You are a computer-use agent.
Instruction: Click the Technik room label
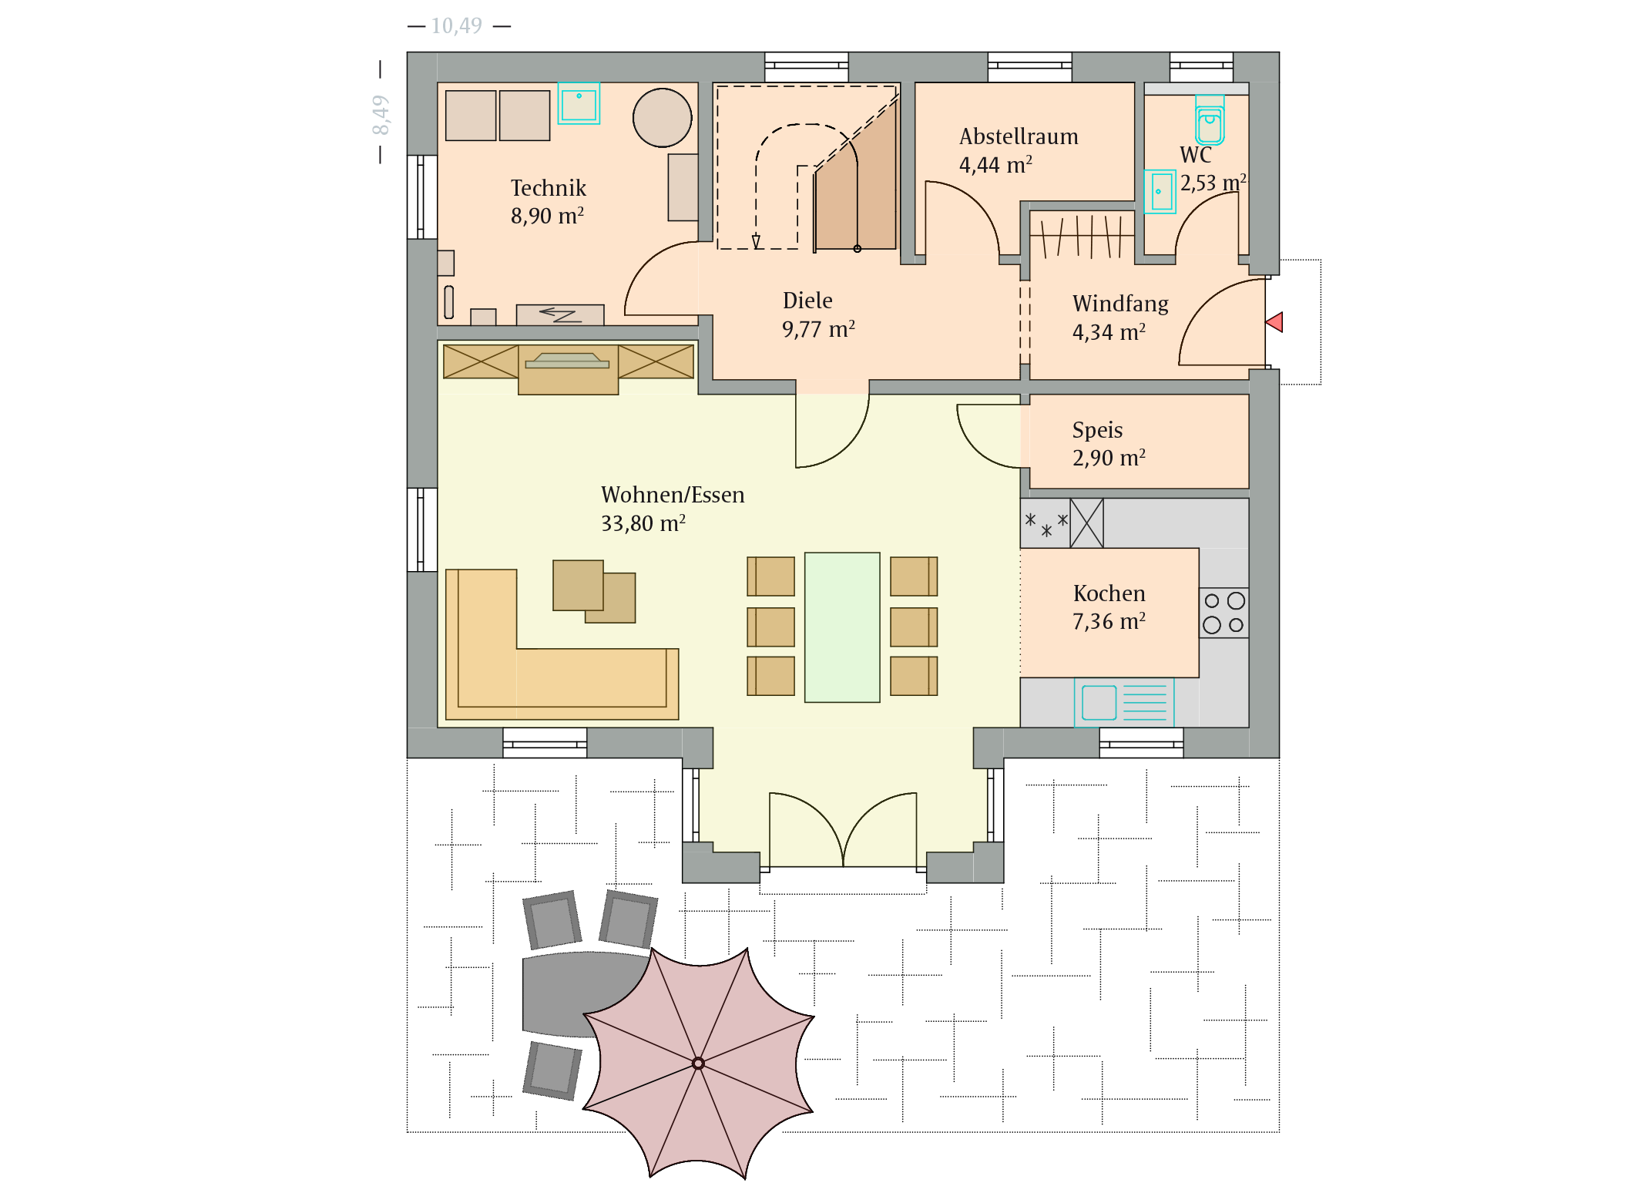(548, 188)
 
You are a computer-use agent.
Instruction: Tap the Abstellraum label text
(1019, 136)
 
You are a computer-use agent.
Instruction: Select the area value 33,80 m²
(643, 523)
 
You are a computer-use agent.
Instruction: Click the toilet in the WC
(1210, 120)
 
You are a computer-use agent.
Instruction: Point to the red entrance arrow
(1274, 322)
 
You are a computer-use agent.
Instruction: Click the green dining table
(842, 627)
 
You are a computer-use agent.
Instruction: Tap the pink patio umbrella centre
(698, 1064)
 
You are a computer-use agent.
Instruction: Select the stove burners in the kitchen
(1223, 613)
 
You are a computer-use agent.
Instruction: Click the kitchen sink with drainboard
(1124, 702)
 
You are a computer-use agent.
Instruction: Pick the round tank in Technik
(663, 118)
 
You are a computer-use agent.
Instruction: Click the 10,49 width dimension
(457, 26)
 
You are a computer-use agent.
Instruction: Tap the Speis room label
(1097, 430)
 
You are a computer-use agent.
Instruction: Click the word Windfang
(1120, 304)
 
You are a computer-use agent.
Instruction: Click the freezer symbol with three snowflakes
(1046, 523)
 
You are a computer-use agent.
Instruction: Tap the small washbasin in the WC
(1160, 191)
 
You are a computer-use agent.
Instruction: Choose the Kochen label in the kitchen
(1109, 593)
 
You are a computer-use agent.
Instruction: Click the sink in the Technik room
(579, 103)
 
